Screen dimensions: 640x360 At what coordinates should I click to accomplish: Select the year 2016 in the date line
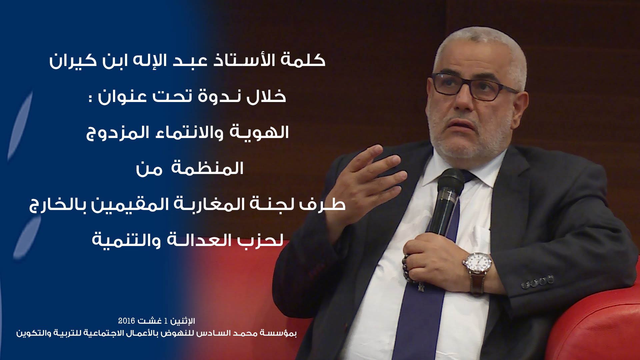127,321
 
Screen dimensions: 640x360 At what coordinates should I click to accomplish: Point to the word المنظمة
207,168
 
